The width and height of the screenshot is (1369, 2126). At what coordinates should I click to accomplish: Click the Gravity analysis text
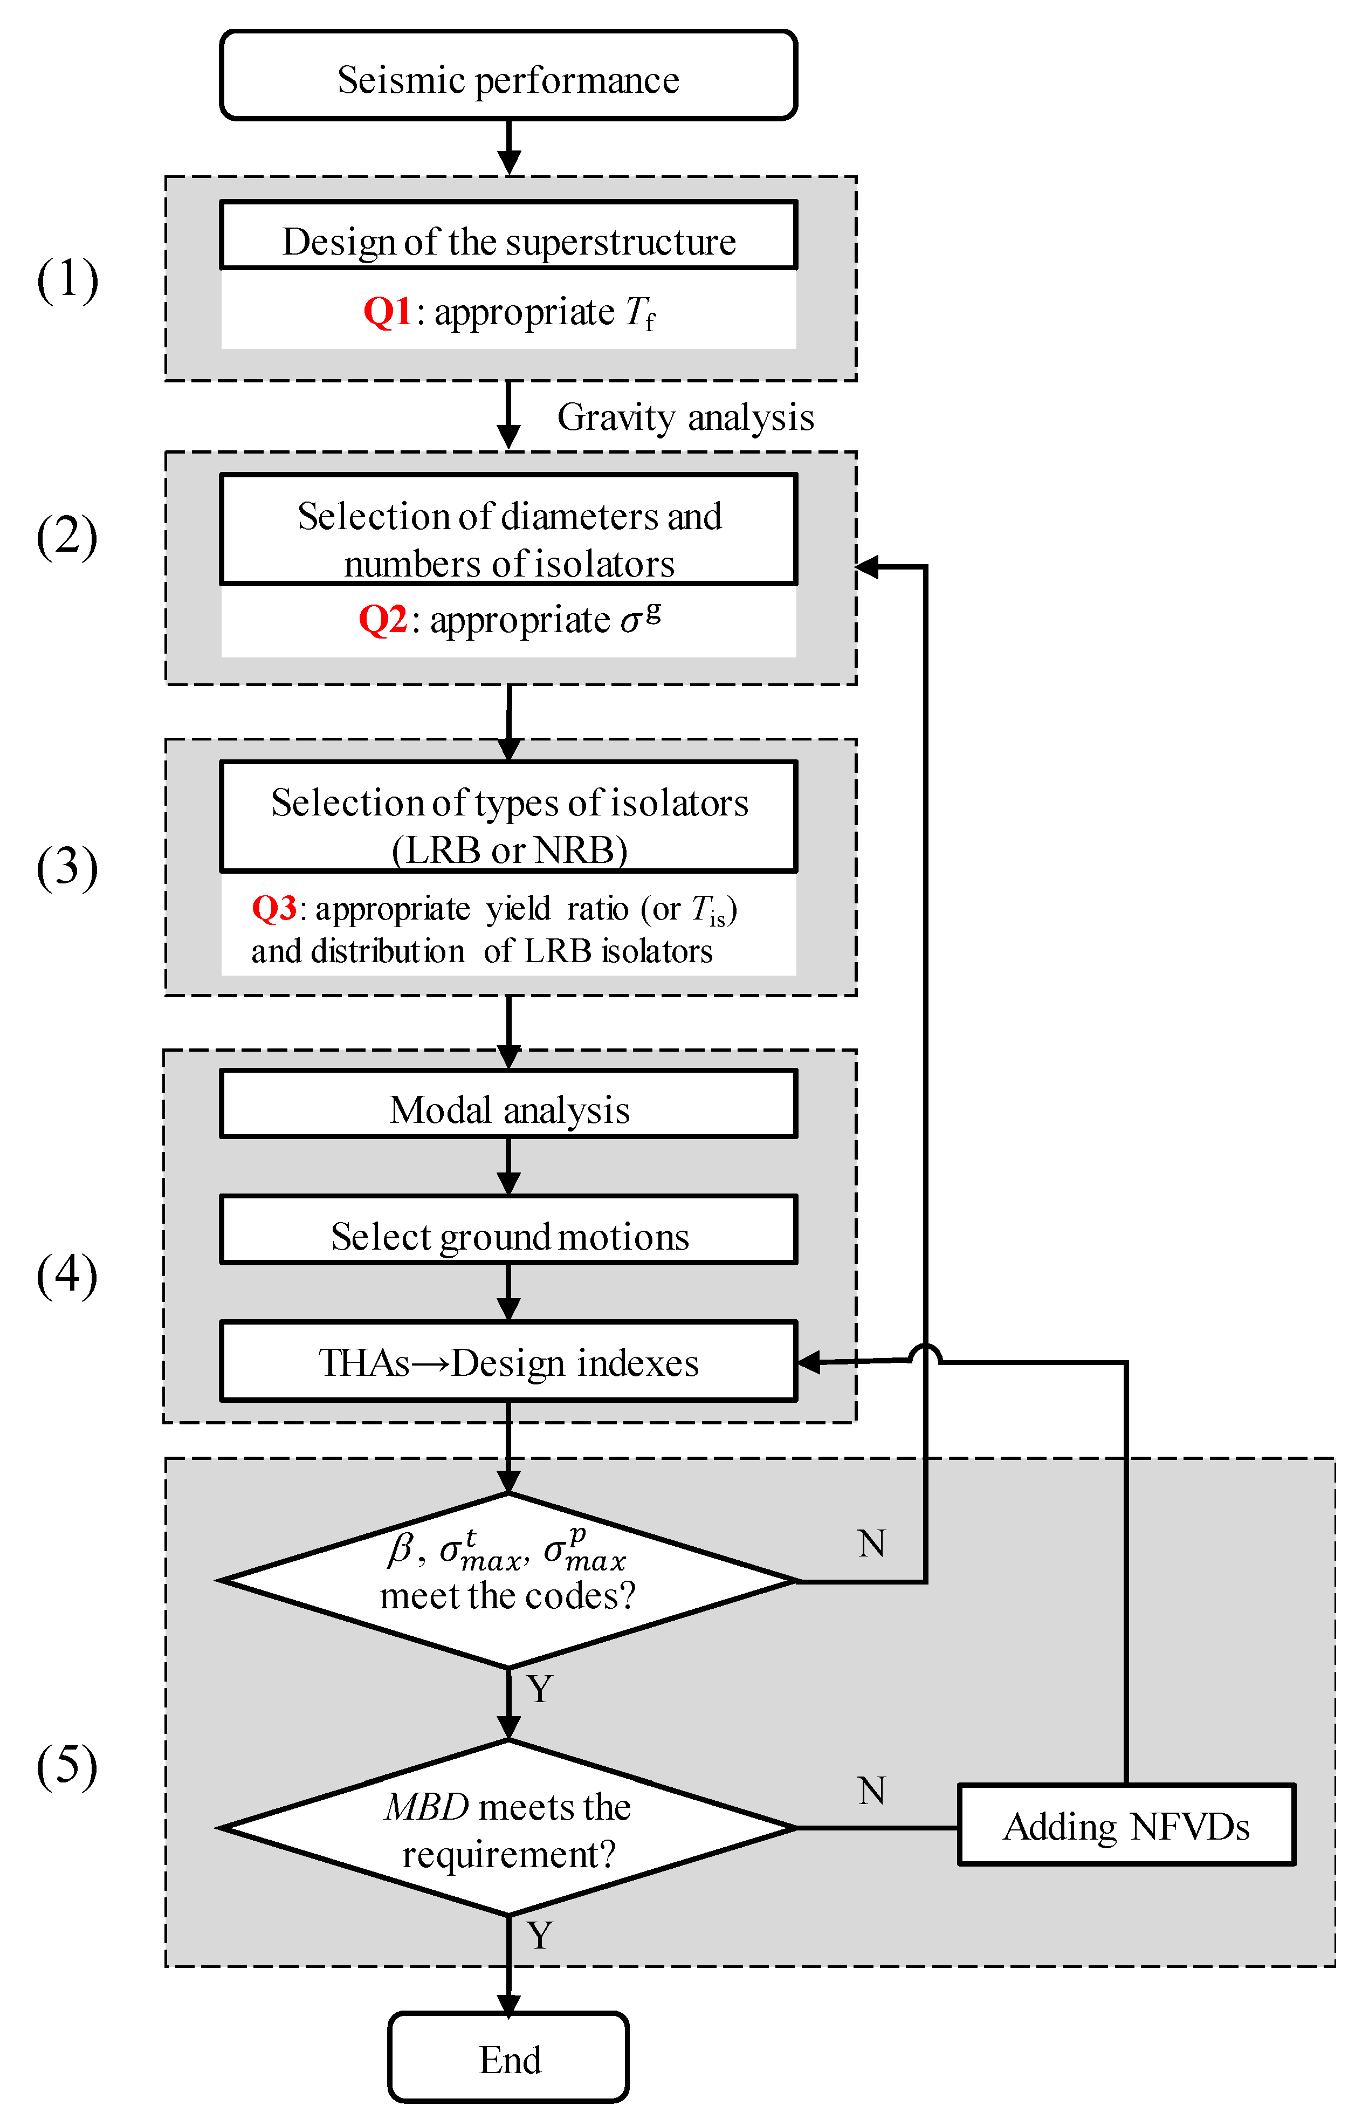[685, 417]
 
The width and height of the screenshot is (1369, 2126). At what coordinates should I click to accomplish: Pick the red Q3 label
[274, 908]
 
